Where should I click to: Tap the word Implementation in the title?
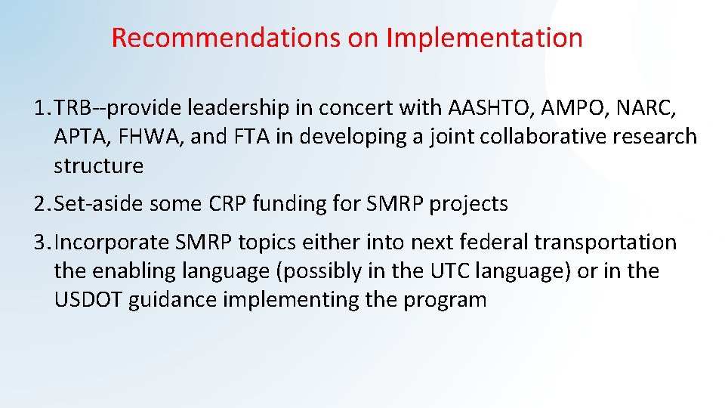coord(484,38)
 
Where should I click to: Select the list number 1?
coord(39,109)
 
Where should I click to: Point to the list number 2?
coord(39,203)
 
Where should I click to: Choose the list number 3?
coord(39,243)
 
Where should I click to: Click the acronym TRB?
coord(72,109)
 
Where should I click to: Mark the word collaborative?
coord(526,138)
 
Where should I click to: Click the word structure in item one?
coord(98,165)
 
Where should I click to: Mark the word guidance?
coord(171,300)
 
